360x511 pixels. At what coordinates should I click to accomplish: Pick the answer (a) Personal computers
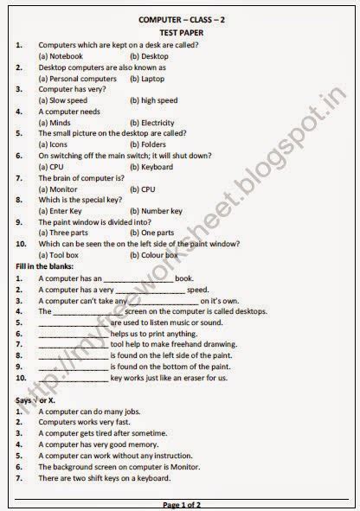tap(78, 78)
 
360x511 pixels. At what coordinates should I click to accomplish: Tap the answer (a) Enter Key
tap(61, 211)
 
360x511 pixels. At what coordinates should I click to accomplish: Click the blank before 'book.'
tap(138, 278)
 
